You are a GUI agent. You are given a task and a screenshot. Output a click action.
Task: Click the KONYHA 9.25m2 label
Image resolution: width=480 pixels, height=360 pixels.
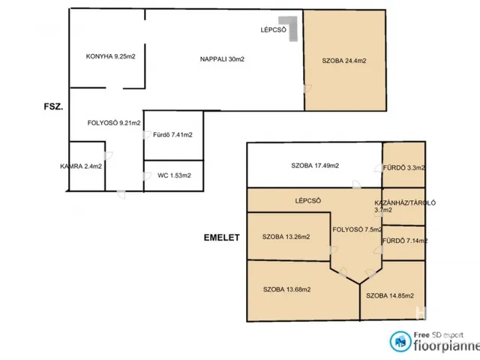[x=110, y=57]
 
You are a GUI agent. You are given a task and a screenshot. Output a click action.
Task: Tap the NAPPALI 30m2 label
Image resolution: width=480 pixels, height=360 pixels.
[x=222, y=59]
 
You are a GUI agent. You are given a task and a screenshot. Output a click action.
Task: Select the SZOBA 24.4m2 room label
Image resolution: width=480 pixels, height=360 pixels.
[x=344, y=61]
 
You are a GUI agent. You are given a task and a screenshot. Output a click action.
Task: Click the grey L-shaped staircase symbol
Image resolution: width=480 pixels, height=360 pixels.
[x=290, y=27]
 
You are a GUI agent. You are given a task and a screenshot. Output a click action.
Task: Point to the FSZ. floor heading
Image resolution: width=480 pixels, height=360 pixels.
[x=53, y=106]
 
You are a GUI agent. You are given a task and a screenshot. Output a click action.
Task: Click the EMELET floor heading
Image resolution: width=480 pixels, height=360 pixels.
[x=222, y=238]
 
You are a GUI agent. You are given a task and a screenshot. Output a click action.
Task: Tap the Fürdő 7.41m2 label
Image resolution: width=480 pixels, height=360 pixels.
[x=172, y=135]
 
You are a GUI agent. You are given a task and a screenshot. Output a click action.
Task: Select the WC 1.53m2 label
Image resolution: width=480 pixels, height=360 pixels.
[x=174, y=175]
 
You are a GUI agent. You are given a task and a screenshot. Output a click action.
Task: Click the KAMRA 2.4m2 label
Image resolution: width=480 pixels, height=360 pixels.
[x=81, y=166]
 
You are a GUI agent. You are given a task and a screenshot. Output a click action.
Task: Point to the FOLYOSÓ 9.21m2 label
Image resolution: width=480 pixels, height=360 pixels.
[x=114, y=123]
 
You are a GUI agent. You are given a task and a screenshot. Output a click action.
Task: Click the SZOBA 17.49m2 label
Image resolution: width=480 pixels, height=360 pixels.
[x=315, y=166]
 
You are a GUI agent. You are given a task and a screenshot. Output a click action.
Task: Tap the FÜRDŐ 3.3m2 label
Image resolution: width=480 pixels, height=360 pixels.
[x=403, y=168]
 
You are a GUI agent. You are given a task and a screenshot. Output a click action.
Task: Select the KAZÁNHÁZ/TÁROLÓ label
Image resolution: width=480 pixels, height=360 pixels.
[x=405, y=203]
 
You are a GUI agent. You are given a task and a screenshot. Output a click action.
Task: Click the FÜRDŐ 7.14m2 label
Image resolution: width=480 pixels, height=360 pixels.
[x=405, y=241]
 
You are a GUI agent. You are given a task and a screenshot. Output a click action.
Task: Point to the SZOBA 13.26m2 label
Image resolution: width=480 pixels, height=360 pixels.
[x=286, y=237]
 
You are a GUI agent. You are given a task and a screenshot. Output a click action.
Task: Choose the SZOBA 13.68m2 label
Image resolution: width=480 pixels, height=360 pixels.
[x=286, y=289]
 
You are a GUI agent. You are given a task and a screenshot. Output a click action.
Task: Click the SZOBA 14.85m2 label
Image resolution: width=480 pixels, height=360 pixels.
[x=390, y=295]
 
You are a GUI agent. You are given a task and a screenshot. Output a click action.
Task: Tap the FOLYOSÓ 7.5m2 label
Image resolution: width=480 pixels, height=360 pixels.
[x=357, y=229]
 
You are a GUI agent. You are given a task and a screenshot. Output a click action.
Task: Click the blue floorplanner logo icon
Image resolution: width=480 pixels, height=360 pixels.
[x=400, y=341]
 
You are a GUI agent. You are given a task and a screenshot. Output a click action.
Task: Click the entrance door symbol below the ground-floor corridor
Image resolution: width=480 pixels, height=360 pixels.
[x=121, y=194]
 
